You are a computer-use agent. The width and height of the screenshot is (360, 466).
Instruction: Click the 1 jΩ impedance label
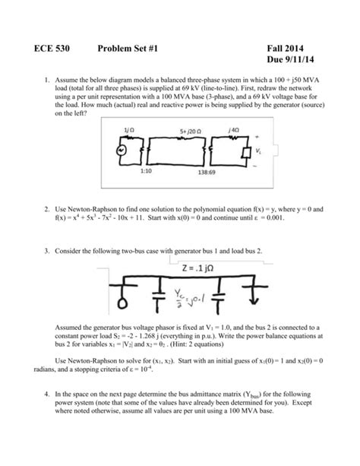pos(128,131)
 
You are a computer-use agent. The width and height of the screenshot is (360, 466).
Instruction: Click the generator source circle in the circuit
pos(119,149)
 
